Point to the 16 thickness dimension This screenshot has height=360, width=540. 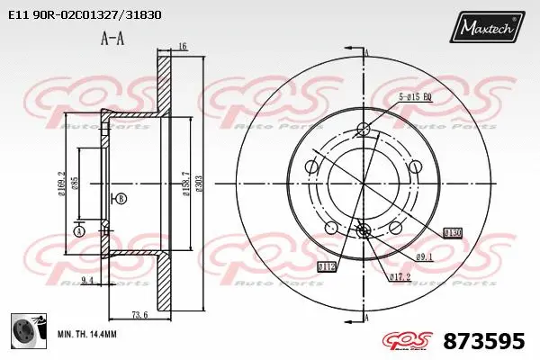(x=182, y=46)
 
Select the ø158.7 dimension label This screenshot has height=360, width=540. (x=185, y=184)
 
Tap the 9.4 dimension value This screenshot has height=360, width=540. (x=87, y=282)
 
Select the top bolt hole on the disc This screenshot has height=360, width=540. (x=364, y=127)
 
